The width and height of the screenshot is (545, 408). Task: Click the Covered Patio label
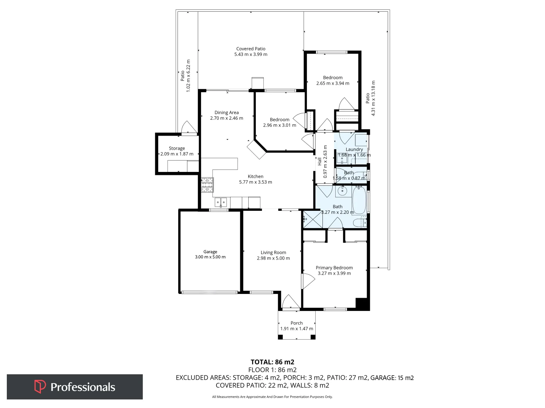(x=251, y=49)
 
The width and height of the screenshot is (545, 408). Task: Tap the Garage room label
(x=210, y=252)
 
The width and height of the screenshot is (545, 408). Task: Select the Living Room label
(x=273, y=252)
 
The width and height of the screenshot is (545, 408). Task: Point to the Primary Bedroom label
(x=334, y=267)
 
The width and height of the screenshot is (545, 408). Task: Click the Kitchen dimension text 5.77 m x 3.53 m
(x=255, y=182)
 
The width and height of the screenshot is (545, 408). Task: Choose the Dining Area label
(x=226, y=113)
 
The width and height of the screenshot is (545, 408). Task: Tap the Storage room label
(x=177, y=148)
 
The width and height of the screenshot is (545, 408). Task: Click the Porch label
(x=296, y=323)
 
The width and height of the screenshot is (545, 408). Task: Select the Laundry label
(x=354, y=149)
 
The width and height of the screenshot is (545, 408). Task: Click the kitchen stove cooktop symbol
(x=207, y=185)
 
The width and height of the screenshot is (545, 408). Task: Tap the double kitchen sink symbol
(x=221, y=202)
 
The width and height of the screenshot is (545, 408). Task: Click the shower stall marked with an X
(x=313, y=219)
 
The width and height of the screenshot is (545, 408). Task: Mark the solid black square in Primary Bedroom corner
(x=362, y=304)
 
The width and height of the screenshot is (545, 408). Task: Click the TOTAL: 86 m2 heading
(x=272, y=362)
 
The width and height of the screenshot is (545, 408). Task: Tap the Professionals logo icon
(x=40, y=386)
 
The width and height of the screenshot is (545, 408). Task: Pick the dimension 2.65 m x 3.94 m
(x=333, y=83)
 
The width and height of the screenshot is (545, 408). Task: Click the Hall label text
(x=319, y=162)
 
